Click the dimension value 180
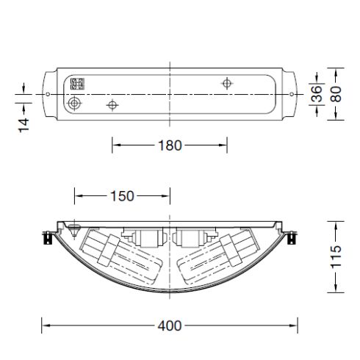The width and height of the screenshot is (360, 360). [x=170, y=145]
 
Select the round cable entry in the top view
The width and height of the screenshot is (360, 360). [x=75, y=104]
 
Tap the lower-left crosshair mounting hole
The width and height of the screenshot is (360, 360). [x=112, y=106]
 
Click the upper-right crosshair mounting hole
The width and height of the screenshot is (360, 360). [x=227, y=83]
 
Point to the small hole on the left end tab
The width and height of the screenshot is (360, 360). [x=48, y=95]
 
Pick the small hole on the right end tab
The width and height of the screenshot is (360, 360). [x=292, y=95]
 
